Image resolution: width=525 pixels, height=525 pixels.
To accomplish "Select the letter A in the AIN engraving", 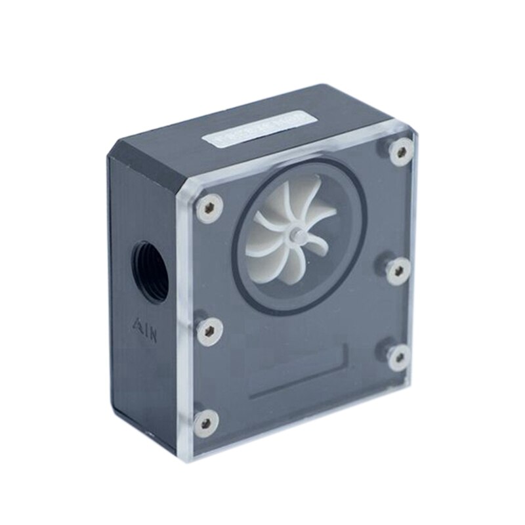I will click(138, 324).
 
